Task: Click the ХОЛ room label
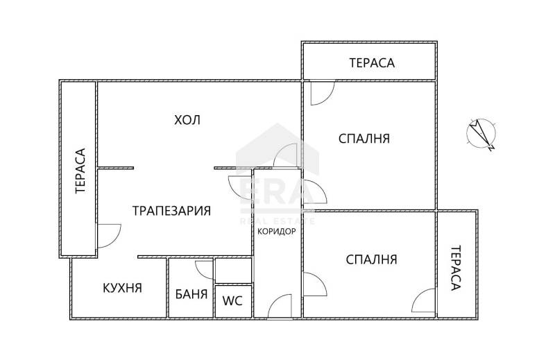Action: pyautogui.click(x=187, y=120)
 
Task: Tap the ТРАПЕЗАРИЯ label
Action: pyautogui.click(x=171, y=210)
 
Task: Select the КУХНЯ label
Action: pyautogui.click(x=122, y=288)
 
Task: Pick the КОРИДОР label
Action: pyautogui.click(x=277, y=231)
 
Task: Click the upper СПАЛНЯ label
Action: pyautogui.click(x=364, y=139)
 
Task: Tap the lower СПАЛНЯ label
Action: pyautogui.click(x=371, y=259)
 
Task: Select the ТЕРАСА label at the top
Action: pyautogui.click(x=372, y=62)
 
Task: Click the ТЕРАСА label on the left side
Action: pyautogui.click(x=80, y=169)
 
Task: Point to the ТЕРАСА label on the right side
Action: pyautogui.click(x=456, y=268)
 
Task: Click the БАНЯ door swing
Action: pyautogui.click(x=205, y=268)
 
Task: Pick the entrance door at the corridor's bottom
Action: pyautogui.click(x=279, y=307)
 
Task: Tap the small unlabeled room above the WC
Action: pyautogui.click(x=233, y=270)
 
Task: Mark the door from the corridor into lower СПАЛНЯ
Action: pyautogui.click(x=313, y=285)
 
